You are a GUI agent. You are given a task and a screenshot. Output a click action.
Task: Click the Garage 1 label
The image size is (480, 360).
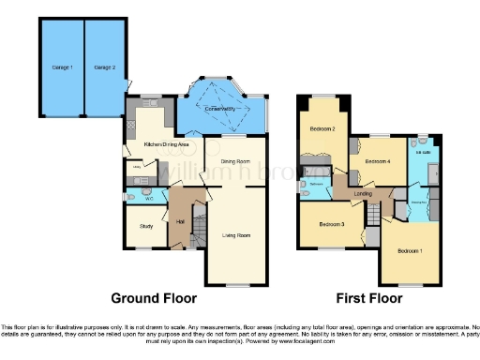(x=62, y=67)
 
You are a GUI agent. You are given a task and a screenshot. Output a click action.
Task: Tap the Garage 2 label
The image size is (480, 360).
(x=103, y=67)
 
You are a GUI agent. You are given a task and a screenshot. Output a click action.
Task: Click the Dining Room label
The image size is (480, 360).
(x=234, y=161)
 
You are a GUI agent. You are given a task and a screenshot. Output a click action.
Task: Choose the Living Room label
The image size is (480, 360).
(x=235, y=235)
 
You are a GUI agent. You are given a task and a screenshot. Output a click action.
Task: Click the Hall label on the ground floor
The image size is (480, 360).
(x=179, y=221)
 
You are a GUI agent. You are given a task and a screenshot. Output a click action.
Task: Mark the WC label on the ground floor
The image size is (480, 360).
(x=149, y=197)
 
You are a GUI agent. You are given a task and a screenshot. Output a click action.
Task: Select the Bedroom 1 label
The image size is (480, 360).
(x=410, y=251)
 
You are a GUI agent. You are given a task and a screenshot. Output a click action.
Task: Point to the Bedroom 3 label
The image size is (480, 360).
(x=331, y=225)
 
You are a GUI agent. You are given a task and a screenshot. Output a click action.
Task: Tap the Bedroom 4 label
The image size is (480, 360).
(x=377, y=161)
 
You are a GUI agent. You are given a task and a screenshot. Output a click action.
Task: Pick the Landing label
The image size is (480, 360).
(x=365, y=194)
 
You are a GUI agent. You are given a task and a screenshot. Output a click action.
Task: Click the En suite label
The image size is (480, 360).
(x=422, y=151)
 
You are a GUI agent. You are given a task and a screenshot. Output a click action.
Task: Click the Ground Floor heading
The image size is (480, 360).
(x=154, y=299)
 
